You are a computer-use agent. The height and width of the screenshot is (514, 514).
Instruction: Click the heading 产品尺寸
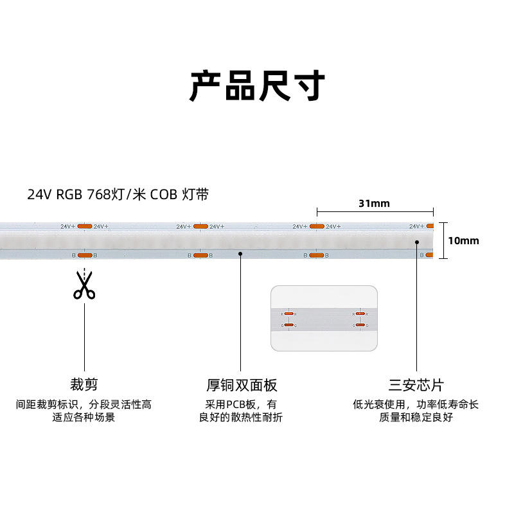[257, 85]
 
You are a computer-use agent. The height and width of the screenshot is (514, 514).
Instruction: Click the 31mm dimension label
[374, 204]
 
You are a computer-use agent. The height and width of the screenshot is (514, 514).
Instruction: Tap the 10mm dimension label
[463, 241]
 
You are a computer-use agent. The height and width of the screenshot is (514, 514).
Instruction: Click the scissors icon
[84, 286]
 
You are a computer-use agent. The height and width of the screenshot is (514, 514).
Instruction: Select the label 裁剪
[84, 385]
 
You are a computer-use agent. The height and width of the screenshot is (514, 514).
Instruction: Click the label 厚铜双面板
[241, 385]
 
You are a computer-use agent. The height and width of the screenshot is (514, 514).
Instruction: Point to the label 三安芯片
[416, 385]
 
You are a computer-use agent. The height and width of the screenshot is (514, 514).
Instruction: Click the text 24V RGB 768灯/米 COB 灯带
[118, 194]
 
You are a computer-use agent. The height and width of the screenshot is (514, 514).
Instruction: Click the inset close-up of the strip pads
[323, 319]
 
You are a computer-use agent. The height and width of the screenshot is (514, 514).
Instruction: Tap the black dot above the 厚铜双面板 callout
[240, 254]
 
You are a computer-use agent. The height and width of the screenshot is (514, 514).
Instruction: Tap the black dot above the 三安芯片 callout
[416, 242]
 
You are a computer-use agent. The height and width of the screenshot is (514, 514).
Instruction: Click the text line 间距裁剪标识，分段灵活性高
[84, 405]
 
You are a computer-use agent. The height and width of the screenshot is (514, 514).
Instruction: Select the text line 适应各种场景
[84, 418]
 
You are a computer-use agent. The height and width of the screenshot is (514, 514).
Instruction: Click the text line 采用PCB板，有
[241, 405]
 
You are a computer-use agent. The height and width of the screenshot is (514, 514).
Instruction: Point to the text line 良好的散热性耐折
[241, 418]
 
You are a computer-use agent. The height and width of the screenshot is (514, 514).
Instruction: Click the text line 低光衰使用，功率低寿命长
[416, 405]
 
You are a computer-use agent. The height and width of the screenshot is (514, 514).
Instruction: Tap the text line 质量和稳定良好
[416, 418]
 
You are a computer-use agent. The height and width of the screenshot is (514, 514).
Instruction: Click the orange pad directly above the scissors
[85, 255]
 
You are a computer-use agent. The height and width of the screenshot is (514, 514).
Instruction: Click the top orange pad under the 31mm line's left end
[316, 226]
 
